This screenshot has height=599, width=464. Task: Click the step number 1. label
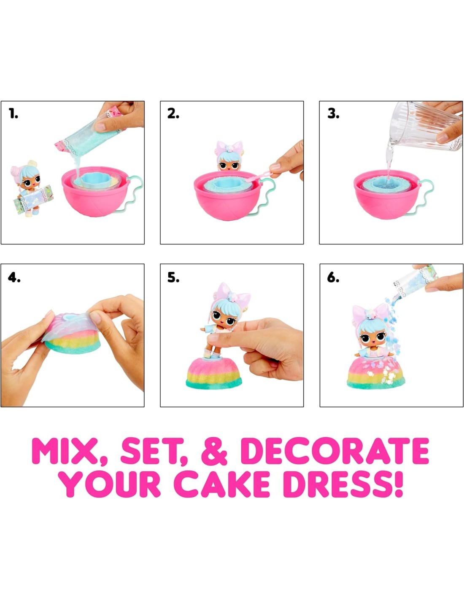[x=13, y=114]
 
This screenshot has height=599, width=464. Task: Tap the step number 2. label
[x=173, y=114]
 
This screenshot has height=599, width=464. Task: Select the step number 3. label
[x=333, y=114]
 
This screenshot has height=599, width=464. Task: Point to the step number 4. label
[x=14, y=278]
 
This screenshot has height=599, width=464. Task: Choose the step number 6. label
[x=333, y=278]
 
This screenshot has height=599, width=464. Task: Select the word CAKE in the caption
[x=222, y=484]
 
